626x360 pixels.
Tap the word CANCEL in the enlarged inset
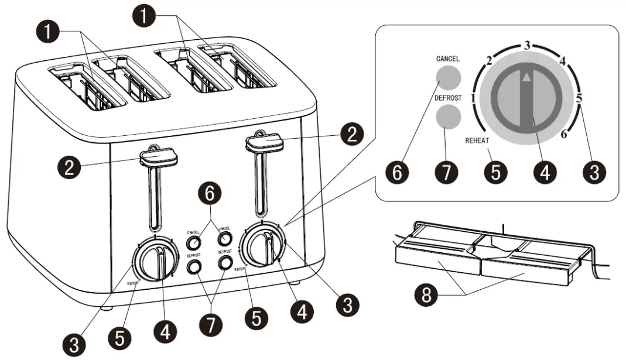[448, 59]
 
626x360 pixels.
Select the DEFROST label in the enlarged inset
[448, 98]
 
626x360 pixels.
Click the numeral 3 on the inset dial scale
[527, 45]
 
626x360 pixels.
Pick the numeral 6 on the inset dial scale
[564, 135]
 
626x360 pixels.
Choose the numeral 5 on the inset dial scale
[579, 98]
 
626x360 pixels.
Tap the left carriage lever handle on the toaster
[159, 156]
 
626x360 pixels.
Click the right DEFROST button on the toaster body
[224, 263]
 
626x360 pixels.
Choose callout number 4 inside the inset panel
[545, 173]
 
